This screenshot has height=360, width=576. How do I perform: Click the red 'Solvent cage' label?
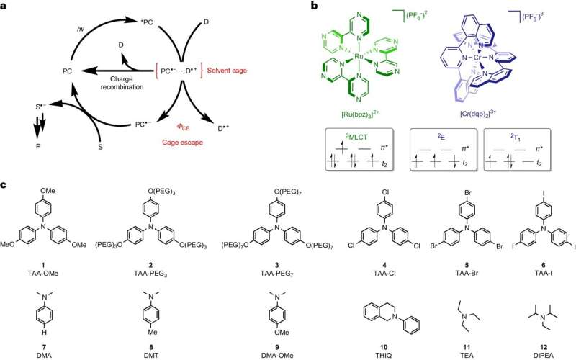pyautogui.click(x=227, y=71)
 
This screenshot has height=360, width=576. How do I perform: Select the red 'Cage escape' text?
pyautogui.click(x=183, y=142)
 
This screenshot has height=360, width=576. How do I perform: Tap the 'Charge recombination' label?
pyautogui.click(x=122, y=83)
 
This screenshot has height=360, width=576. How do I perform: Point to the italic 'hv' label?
pyautogui.click(x=80, y=28)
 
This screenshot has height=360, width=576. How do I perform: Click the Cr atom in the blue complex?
pyautogui.click(x=477, y=58)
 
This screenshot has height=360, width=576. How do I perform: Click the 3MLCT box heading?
pyautogui.click(x=359, y=138)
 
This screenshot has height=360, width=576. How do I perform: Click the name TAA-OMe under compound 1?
pyautogui.click(x=43, y=274)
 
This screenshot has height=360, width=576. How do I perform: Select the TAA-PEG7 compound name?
pyautogui.click(x=276, y=274)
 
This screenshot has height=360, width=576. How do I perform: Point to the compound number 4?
pyautogui.click(x=384, y=265)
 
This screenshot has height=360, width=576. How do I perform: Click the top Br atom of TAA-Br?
pyautogui.click(x=467, y=192)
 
